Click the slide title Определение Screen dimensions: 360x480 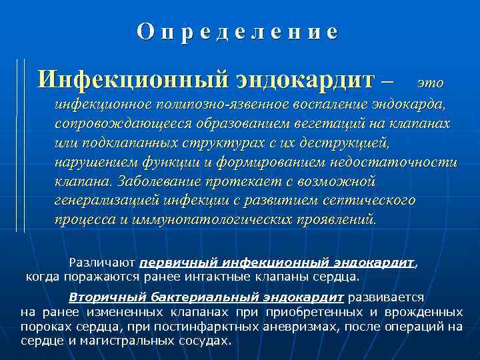(x=238, y=32)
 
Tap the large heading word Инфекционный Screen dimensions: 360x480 (x=133, y=80)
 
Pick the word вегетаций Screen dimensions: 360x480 (x=314, y=124)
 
